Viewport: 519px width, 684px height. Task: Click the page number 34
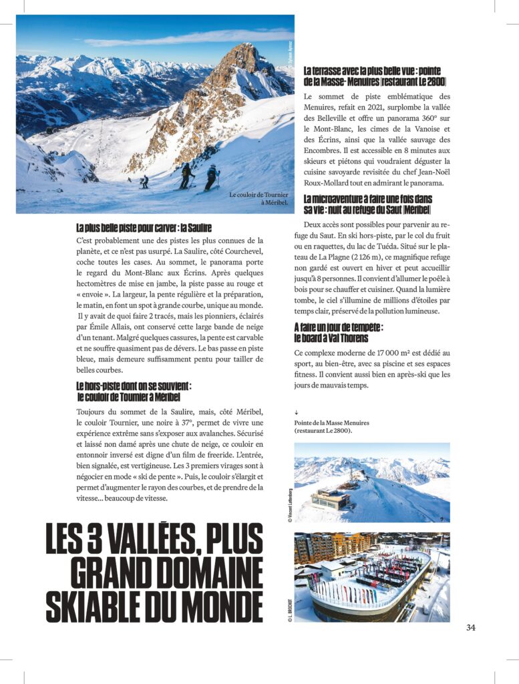471,627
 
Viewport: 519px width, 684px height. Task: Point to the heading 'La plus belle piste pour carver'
144,228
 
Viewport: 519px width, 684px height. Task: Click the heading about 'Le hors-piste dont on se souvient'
134,391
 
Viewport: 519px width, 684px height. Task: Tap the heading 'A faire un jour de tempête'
339,333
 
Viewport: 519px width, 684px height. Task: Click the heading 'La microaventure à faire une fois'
367,204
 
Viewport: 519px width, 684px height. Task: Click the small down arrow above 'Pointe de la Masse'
296,413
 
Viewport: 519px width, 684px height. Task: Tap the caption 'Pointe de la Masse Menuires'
331,427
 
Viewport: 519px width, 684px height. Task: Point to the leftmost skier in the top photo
144,182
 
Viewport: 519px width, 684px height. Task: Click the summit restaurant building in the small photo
331,498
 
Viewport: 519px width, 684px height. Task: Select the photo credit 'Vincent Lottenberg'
291,500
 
